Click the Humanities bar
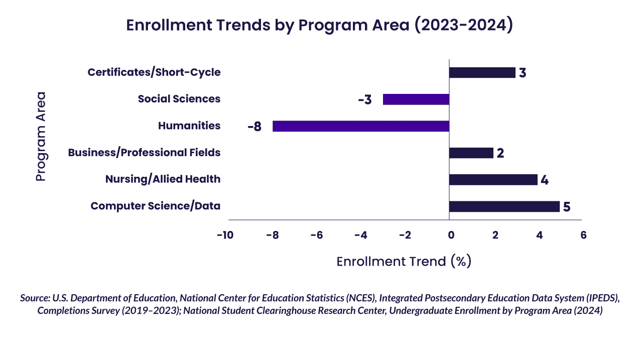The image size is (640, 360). point(360,126)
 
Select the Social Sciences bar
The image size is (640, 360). point(416,99)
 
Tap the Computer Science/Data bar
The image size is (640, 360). point(504,206)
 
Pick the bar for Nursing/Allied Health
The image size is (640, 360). point(493,180)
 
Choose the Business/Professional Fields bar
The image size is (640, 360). point(471,153)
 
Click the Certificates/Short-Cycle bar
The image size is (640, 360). point(482,73)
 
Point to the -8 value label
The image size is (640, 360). point(254,127)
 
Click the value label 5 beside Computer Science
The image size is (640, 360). point(567,207)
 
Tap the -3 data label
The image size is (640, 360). point(365,100)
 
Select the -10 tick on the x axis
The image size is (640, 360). point(225,235)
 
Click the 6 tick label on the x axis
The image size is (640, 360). point(583,235)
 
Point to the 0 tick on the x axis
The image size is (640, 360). point(451,235)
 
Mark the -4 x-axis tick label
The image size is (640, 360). point(360,235)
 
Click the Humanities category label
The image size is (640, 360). point(189,126)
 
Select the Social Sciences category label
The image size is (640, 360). point(179,99)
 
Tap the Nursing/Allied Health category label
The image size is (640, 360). point(163,179)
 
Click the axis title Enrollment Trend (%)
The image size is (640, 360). point(404,262)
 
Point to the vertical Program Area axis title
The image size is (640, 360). point(41,136)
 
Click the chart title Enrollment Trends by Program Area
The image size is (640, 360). point(319,26)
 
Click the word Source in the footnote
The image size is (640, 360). point(34,298)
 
